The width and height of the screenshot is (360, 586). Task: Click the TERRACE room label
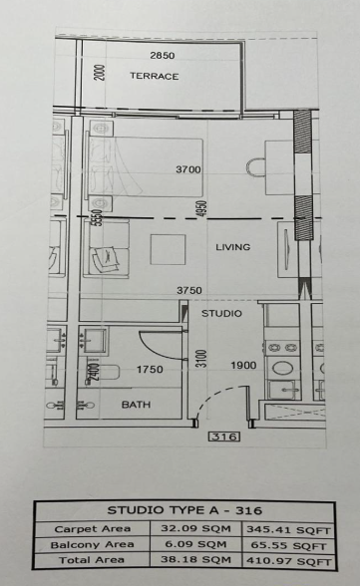[x=154, y=76]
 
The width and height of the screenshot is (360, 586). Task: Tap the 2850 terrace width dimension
[x=163, y=56]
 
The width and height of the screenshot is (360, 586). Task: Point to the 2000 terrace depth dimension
[x=100, y=73]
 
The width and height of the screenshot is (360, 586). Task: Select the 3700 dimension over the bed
[x=188, y=169]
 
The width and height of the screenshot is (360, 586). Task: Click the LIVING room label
[x=233, y=247]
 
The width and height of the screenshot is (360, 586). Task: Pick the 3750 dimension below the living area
[x=189, y=290]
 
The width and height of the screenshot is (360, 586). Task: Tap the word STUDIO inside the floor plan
[x=221, y=313]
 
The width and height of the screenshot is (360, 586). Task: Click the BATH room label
[x=136, y=405]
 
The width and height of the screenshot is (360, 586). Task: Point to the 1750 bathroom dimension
[x=150, y=370]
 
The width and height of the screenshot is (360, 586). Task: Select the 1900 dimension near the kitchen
[x=243, y=365]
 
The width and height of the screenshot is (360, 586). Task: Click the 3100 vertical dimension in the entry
[x=201, y=359]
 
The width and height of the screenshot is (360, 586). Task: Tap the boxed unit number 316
[x=224, y=437]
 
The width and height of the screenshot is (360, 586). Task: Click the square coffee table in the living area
[x=168, y=249]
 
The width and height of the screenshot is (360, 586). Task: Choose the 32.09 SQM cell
[x=195, y=529]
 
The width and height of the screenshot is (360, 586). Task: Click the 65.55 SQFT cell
[x=288, y=546]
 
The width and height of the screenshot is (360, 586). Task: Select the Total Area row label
[x=92, y=560]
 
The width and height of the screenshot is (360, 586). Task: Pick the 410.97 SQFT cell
[x=288, y=561]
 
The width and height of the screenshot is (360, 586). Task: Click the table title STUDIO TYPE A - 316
[x=184, y=510]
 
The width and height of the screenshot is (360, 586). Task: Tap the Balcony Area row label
[x=92, y=545]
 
